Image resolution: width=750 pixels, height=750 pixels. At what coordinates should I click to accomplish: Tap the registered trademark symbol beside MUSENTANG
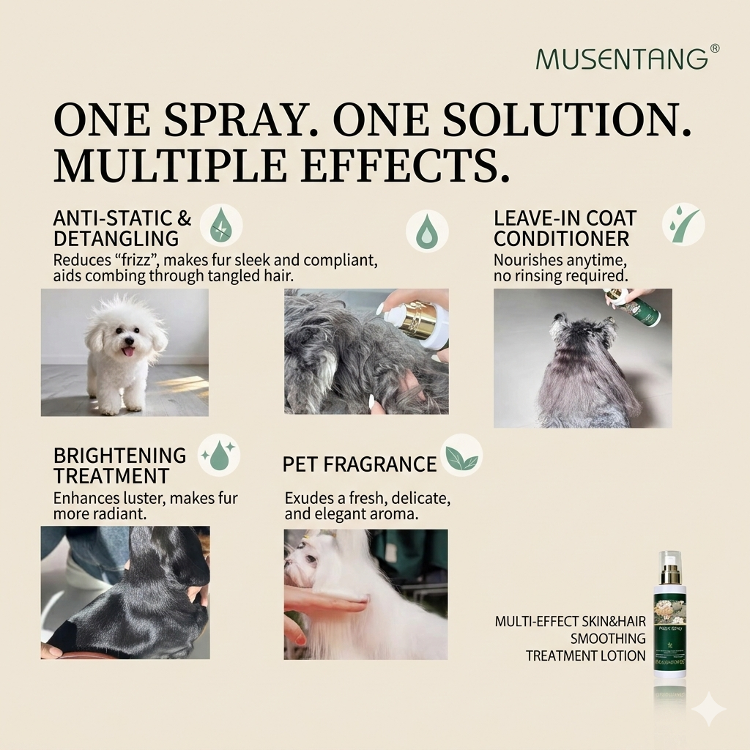[x=715, y=48]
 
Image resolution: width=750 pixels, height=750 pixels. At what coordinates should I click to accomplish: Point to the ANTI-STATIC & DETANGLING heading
[x=122, y=228]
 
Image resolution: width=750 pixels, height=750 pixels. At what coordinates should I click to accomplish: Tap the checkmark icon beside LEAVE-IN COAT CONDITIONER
[x=683, y=224]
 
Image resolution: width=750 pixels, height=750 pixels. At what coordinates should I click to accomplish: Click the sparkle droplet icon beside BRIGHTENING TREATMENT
[x=219, y=456]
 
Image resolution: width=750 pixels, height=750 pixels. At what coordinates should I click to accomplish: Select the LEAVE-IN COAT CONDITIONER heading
[x=565, y=228]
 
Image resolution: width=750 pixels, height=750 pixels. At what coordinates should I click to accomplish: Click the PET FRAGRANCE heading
[x=360, y=464]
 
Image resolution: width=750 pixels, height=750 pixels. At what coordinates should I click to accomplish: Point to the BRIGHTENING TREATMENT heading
[x=120, y=465]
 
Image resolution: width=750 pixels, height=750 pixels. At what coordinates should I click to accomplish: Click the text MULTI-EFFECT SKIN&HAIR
[x=571, y=622]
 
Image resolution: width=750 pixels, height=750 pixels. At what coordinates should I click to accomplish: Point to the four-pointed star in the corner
[x=708, y=709]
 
